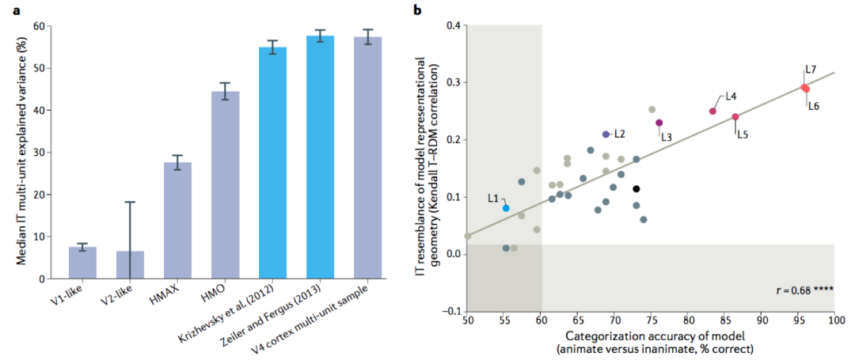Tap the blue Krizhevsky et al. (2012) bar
[x=272, y=162]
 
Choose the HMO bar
[x=225, y=185]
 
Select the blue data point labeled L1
[x=506, y=208]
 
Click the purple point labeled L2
[x=606, y=135]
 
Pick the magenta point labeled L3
[x=659, y=123]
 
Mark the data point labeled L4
[x=712, y=111]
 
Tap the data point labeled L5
[x=735, y=117]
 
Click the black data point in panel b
[x=636, y=188]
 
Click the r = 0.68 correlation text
[x=801, y=291]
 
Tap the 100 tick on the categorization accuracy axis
[x=834, y=321]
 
